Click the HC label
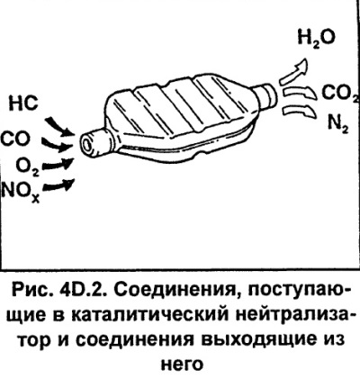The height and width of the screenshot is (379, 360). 24,104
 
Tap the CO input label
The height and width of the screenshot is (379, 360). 15,139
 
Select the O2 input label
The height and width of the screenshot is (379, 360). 28,166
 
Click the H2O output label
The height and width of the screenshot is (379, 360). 316,39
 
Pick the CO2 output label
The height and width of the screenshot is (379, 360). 340,93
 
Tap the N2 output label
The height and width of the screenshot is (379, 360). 337,123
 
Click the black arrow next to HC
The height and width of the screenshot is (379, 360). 59,126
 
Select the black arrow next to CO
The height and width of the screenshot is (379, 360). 56,145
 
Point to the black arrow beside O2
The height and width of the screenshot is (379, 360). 58,164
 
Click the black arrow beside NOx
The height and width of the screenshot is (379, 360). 58,185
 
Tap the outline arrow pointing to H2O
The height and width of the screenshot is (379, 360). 295,71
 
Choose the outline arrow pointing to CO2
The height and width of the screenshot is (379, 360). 301,92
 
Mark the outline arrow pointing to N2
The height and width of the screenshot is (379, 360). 300,112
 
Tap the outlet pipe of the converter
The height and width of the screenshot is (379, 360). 265,95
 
